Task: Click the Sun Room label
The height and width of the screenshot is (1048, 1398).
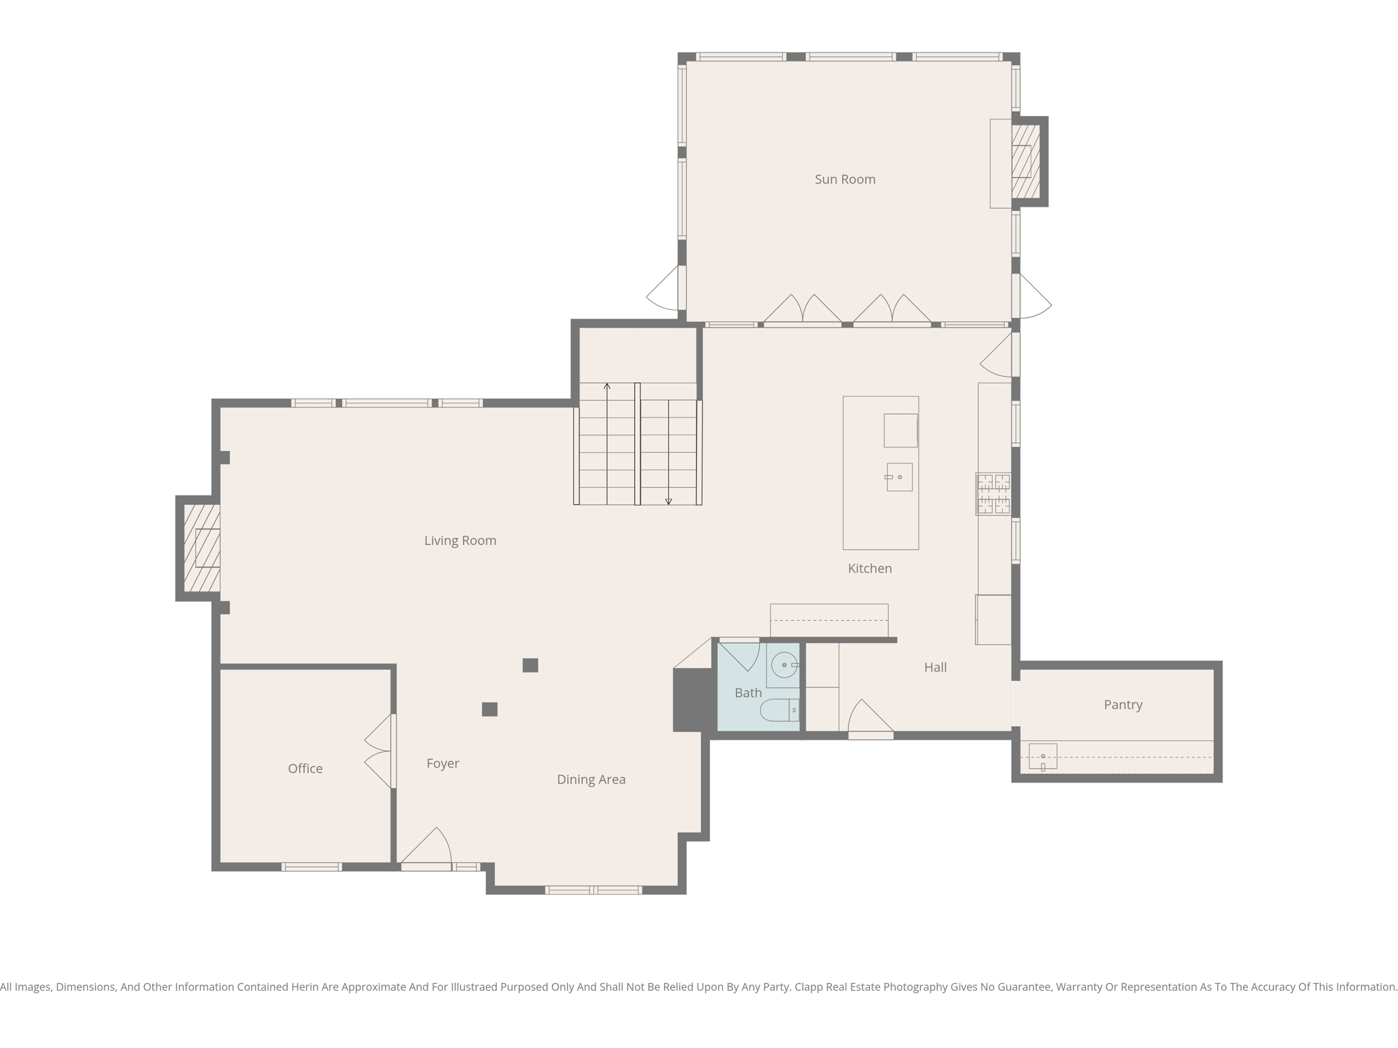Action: click(844, 179)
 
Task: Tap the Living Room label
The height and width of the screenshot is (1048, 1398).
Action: click(460, 540)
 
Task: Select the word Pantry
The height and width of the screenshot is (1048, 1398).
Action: click(1123, 705)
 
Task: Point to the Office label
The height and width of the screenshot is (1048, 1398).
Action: click(305, 769)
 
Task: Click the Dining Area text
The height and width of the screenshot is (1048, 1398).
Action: click(591, 780)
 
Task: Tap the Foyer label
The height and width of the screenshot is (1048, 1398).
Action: click(442, 763)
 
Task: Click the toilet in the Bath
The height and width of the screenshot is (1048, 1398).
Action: click(779, 710)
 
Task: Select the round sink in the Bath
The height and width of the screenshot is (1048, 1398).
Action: click(784, 665)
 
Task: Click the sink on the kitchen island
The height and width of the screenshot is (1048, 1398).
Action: click(899, 477)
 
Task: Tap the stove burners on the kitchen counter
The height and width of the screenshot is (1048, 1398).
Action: click(993, 494)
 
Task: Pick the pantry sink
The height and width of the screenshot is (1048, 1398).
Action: click(1042, 756)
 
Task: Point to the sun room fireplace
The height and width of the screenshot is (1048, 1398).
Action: click(1025, 162)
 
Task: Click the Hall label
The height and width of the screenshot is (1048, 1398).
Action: click(935, 667)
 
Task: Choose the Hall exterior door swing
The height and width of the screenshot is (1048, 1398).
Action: click(870, 718)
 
